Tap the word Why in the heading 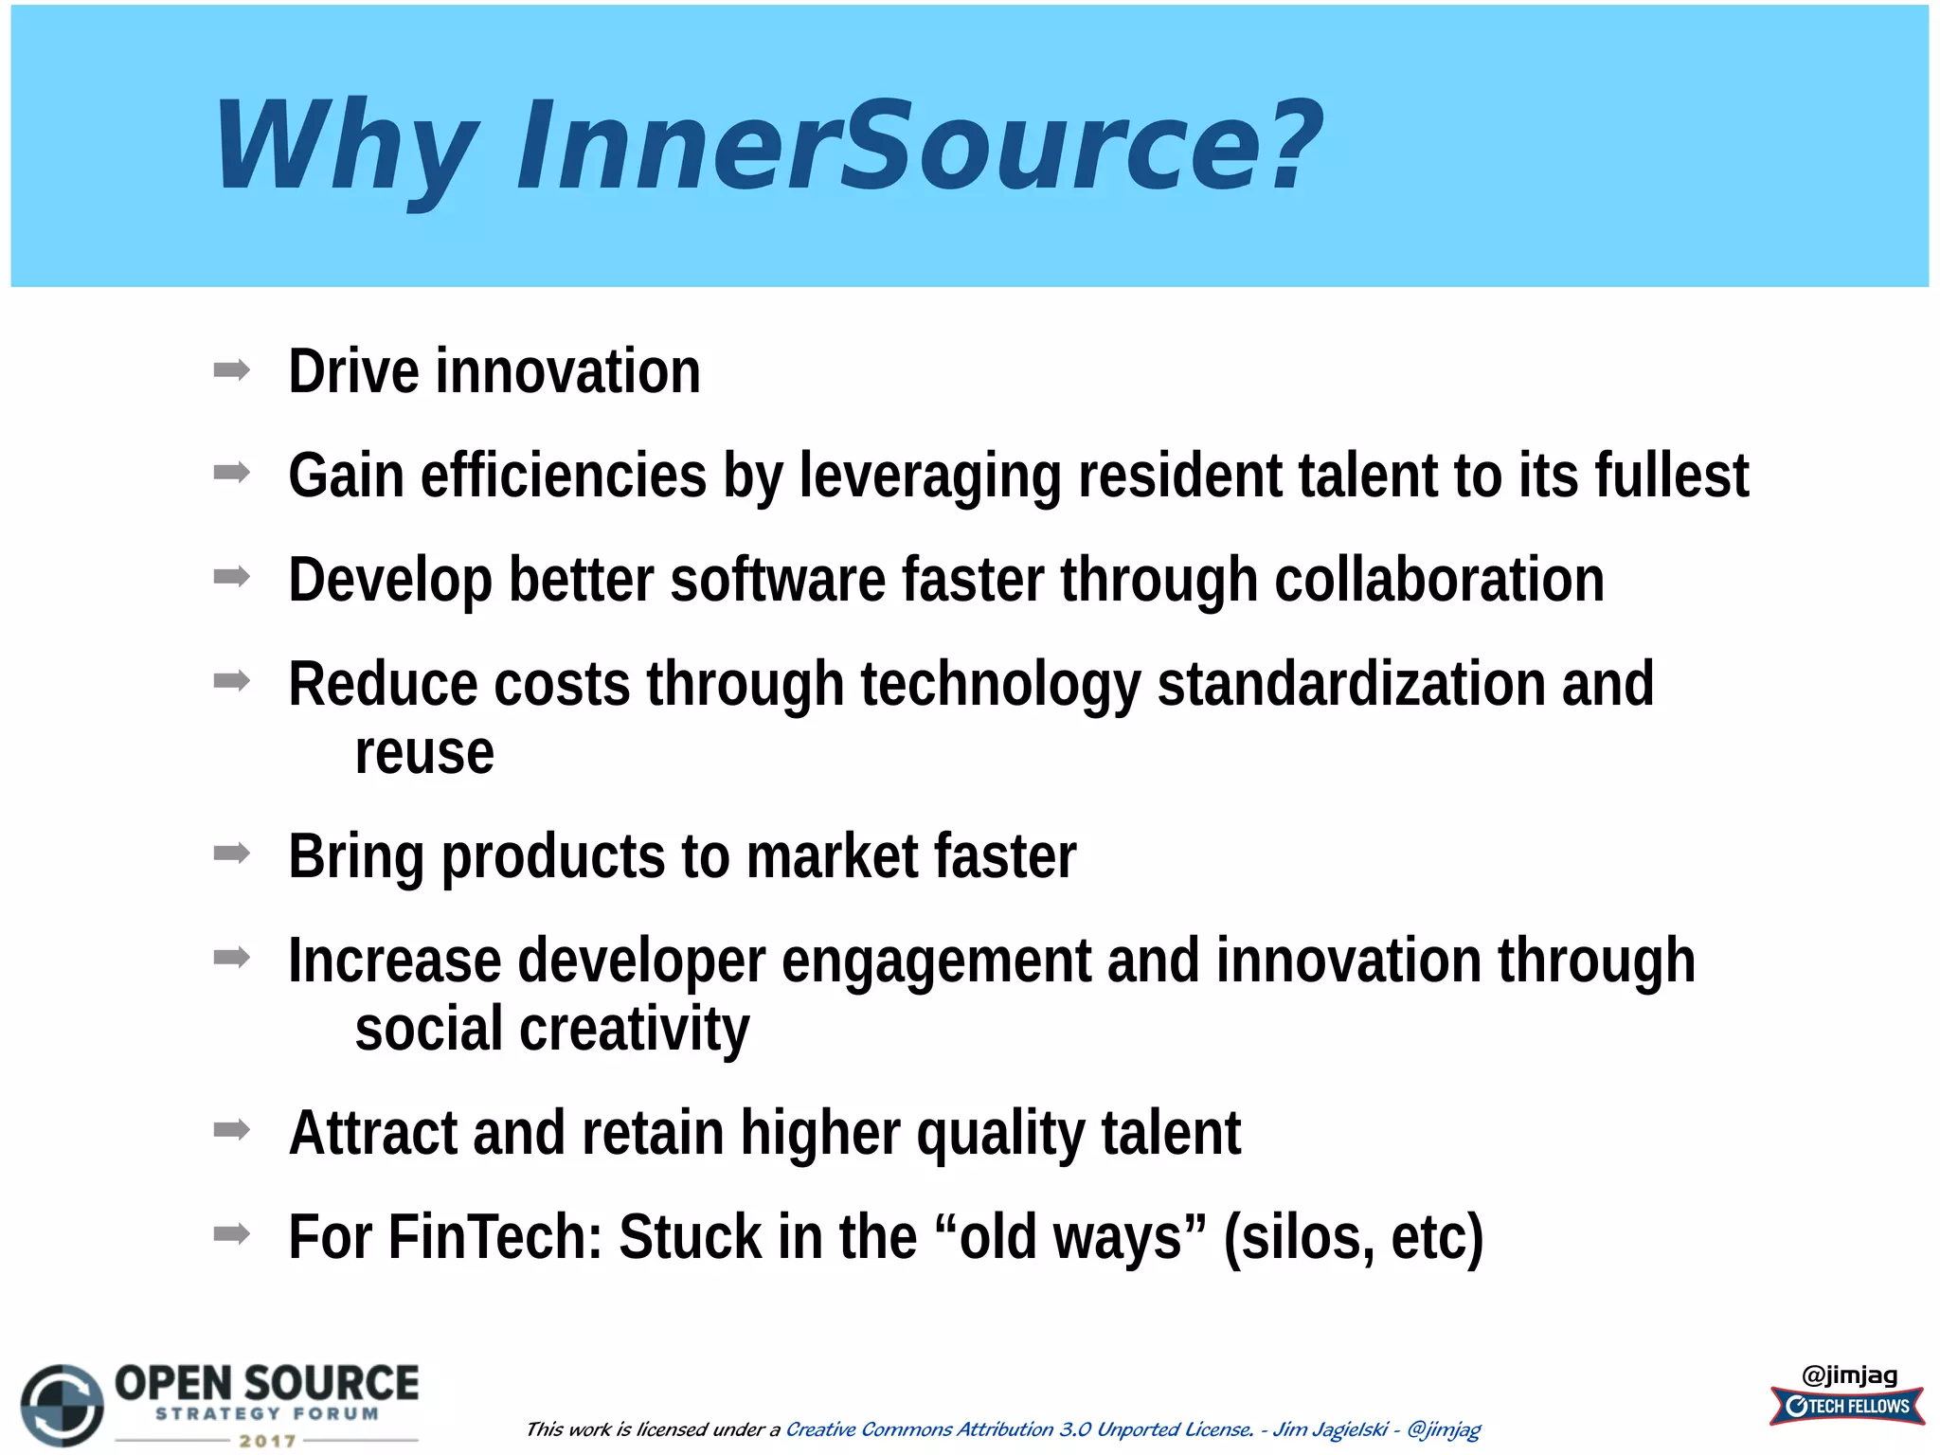tap(346, 147)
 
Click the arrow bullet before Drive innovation tap(232, 369)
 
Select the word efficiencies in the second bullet tap(564, 476)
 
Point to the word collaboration tap(1439, 580)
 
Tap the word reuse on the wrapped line tap(424, 753)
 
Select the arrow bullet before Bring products tap(232, 853)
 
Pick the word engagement tap(936, 961)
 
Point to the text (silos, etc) tap(1353, 1237)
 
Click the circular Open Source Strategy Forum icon tap(63, 1406)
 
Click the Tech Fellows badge tap(1847, 1407)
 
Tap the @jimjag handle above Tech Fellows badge tap(1849, 1374)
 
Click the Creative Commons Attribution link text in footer tap(1019, 1429)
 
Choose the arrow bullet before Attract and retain tap(232, 1130)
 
